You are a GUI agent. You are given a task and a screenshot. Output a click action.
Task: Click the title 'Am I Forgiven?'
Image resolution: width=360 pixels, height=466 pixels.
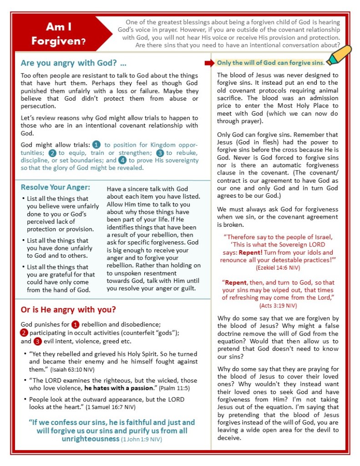coord(58,34)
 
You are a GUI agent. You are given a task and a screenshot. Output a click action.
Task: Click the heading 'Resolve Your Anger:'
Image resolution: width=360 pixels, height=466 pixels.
coord(56,187)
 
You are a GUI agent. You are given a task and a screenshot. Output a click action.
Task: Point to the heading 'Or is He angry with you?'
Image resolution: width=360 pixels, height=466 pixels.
coord(68,310)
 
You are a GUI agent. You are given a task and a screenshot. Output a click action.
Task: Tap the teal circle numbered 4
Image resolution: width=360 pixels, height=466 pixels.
coord(122,160)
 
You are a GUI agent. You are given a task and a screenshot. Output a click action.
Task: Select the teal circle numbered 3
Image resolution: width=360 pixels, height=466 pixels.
coord(160,153)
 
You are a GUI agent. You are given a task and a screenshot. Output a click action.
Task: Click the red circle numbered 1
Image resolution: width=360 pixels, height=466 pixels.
coord(76,325)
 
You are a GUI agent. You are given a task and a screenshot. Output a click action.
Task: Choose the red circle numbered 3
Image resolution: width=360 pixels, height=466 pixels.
coord(38,341)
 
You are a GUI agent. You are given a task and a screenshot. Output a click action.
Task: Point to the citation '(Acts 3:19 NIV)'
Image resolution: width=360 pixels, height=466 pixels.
coord(278,305)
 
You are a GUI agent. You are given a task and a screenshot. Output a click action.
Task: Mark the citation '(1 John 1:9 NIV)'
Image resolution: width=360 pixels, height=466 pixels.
coord(141,439)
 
